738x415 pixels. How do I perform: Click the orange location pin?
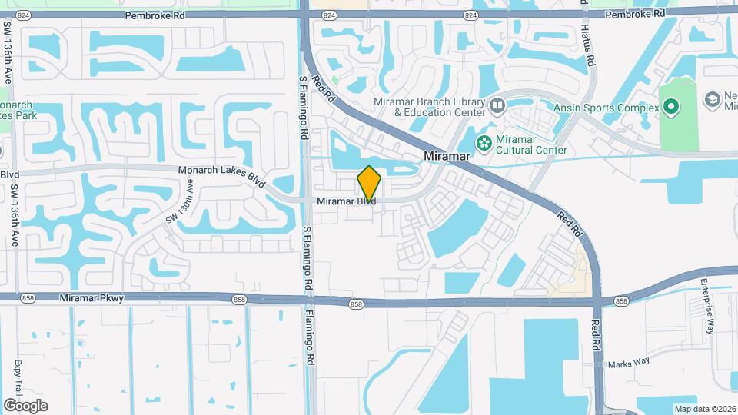click(x=369, y=184)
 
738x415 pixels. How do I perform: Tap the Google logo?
click(x=25, y=405)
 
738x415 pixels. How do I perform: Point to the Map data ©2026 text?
click(x=704, y=409)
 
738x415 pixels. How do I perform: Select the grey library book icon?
click(x=497, y=104)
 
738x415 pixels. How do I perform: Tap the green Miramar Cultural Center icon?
click(x=484, y=141)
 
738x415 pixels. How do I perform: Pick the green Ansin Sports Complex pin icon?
click(x=671, y=108)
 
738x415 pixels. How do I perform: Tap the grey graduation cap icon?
click(x=713, y=100)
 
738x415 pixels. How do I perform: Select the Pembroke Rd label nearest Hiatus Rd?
click(x=636, y=15)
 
